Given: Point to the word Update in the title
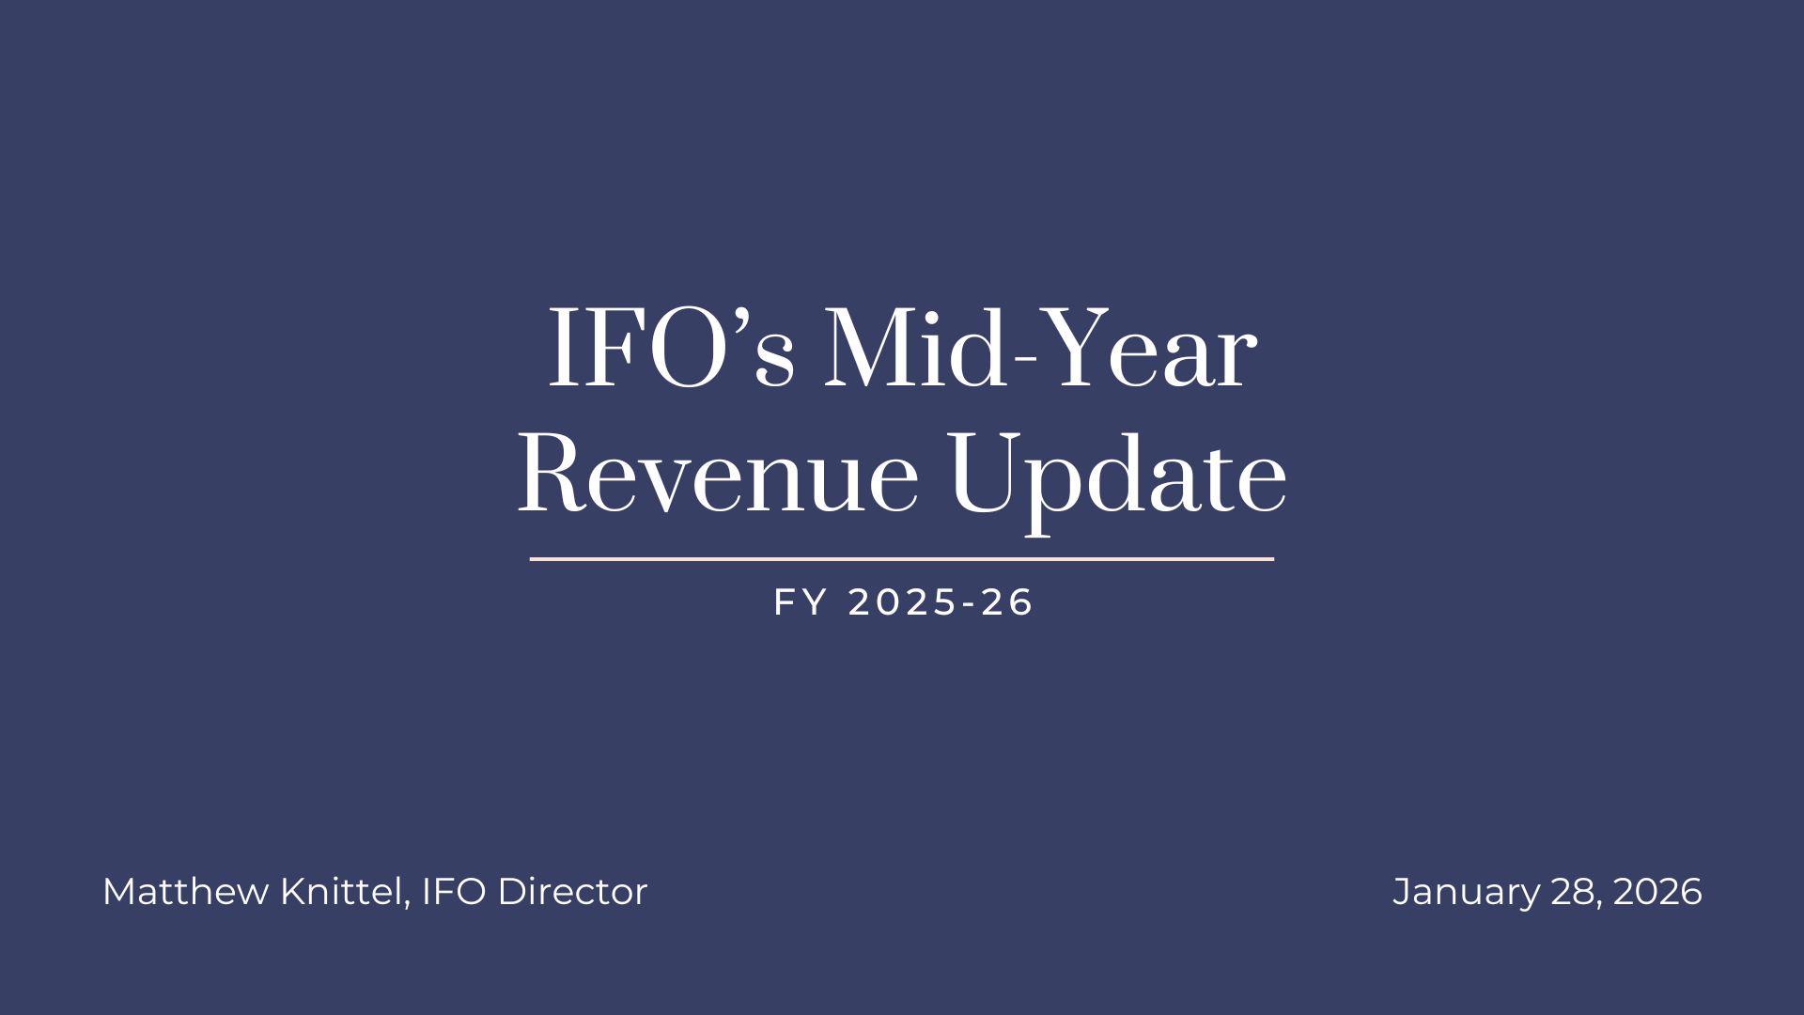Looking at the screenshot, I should (1118, 475).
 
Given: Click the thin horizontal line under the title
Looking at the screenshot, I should (902, 559).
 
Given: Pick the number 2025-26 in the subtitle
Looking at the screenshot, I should (941, 602).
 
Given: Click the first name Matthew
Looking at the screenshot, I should (184, 891).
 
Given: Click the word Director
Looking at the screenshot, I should (572, 891).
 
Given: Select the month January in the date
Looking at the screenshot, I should (1466, 891).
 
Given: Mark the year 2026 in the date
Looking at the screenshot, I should (1657, 891).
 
